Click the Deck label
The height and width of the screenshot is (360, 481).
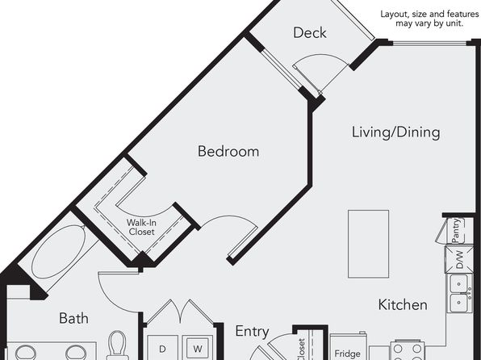click(310, 33)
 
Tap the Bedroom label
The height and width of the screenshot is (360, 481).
click(228, 151)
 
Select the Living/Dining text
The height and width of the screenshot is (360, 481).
click(395, 132)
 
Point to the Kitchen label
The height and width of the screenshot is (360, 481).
click(403, 305)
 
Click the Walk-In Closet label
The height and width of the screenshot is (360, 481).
click(141, 227)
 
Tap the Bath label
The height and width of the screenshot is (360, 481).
click(73, 318)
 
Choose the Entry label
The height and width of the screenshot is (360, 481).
click(252, 332)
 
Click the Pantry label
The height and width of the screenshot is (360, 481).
click(457, 230)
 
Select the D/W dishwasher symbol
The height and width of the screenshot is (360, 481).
click(459, 259)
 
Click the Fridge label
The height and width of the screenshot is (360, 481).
click(347, 354)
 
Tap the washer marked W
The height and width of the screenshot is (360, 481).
click(198, 349)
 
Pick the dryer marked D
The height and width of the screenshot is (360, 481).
click(162, 349)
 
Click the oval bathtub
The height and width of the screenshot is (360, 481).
click(59, 252)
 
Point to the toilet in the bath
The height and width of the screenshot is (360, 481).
click(118, 345)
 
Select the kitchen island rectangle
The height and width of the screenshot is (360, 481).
click(368, 244)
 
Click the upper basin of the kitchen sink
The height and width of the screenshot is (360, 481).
click(459, 283)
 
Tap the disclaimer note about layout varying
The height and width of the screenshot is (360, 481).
click(429, 19)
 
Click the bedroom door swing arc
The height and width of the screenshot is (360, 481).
click(233, 219)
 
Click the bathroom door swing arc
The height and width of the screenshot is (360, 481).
click(107, 299)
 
